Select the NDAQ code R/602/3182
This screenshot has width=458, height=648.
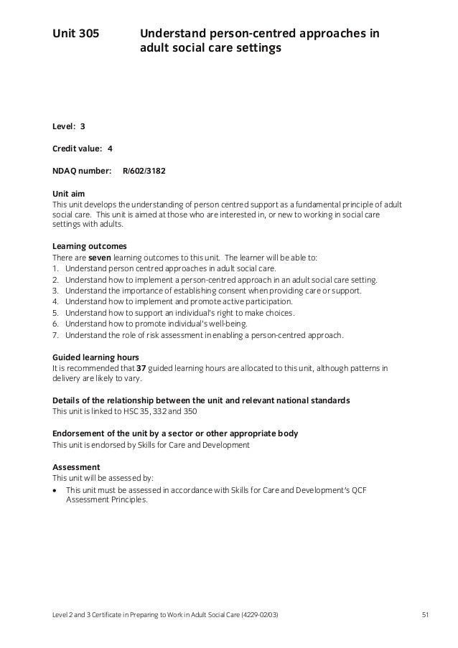(x=148, y=172)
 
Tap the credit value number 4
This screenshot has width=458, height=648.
(x=110, y=149)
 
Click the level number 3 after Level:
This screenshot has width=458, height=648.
(x=83, y=126)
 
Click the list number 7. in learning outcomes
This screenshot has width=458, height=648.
(x=56, y=335)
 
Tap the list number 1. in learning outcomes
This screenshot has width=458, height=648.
(x=56, y=268)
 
